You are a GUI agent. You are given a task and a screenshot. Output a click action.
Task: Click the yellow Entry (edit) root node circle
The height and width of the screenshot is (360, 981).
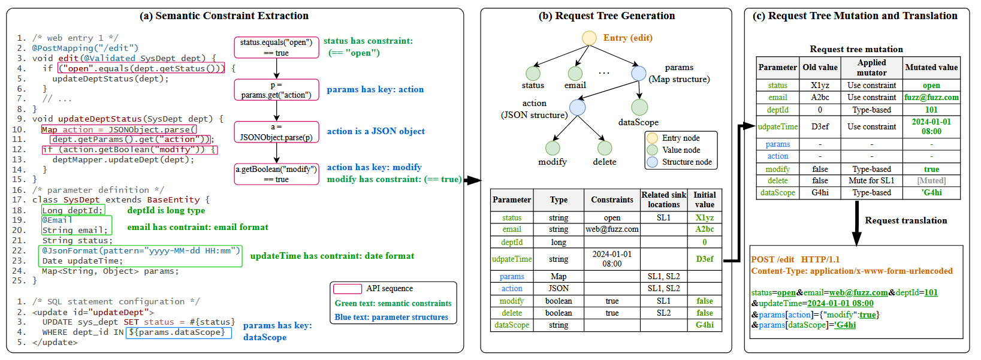tap(589, 38)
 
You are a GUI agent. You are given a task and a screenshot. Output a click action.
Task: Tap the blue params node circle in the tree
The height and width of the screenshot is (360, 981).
tap(639, 73)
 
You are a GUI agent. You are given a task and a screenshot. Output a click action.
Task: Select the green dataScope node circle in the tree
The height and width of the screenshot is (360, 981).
tap(639, 107)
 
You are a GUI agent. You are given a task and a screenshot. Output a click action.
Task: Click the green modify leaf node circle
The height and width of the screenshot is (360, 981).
tap(553, 148)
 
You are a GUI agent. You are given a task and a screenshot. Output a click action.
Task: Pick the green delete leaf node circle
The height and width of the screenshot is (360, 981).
tap(605, 148)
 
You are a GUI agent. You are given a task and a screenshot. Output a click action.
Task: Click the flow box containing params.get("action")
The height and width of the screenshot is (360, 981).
tap(276, 90)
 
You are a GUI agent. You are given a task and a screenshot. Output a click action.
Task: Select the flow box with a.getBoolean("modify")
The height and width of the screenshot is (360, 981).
tap(276, 174)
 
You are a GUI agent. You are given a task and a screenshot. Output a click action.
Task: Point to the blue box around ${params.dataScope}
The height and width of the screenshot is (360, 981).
tap(179, 333)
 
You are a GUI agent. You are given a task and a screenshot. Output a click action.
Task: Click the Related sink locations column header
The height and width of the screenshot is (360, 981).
tap(663, 199)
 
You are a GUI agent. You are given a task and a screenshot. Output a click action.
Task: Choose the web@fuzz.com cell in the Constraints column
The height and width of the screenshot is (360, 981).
tap(612, 229)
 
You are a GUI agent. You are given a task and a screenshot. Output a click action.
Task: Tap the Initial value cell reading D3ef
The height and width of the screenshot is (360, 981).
tap(704, 259)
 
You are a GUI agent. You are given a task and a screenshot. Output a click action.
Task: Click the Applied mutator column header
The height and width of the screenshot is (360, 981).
tap(871, 68)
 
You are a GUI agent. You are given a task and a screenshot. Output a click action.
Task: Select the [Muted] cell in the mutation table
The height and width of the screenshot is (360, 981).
tap(931, 180)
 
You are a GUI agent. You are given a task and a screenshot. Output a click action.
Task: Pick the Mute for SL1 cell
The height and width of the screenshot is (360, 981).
tap(871, 180)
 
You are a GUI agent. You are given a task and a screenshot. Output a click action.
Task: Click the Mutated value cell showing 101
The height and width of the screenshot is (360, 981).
tap(931, 110)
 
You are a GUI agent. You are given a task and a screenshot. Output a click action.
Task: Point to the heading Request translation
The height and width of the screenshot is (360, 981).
tap(905, 220)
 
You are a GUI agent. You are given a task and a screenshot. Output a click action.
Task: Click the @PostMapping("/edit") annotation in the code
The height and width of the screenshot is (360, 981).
tap(86, 48)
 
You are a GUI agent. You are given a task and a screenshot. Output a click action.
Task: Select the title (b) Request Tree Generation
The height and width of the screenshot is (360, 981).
tap(606, 16)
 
